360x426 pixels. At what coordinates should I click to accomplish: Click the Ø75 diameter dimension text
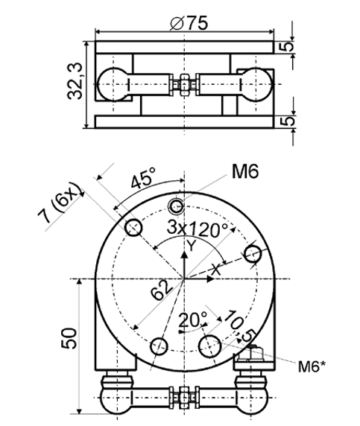click(189, 23)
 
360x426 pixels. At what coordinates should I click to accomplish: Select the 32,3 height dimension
click(75, 81)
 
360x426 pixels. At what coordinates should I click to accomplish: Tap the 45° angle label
click(143, 178)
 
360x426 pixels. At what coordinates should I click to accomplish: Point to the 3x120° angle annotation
click(197, 229)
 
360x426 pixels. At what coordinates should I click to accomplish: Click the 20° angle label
click(192, 319)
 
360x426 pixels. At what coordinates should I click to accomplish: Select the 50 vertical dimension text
click(69, 338)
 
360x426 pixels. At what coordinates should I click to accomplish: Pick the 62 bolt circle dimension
click(162, 290)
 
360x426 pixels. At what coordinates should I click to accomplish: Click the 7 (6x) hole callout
click(60, 202)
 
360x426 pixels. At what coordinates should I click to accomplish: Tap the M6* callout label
click(312, 366)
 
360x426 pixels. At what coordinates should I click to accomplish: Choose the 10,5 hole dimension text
click(239, 325)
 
